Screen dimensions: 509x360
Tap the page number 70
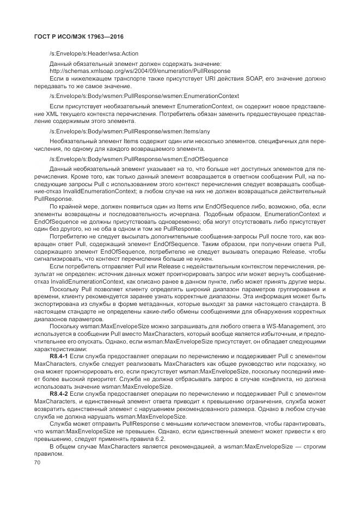pyautogui.click(x=37, y=462)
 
